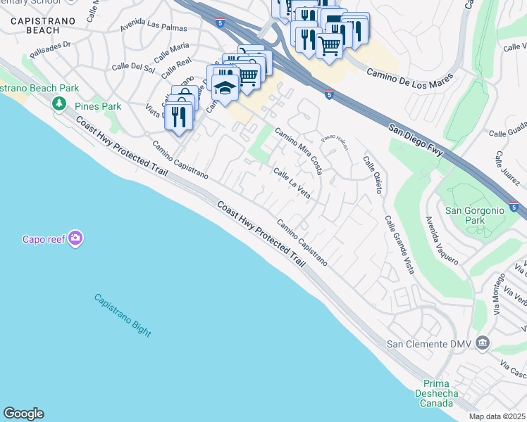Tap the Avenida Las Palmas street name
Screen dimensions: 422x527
[x=154, y=27]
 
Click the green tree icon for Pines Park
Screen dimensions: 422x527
[x=60, y=104]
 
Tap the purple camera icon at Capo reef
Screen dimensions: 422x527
[x=75, y=238]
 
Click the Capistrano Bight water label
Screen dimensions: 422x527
[x=123, y=314]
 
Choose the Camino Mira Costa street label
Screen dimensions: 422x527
[x=299, y=151]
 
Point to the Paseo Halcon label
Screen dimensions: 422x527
[x=336, y=142]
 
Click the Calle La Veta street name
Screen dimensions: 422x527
[x=292, y=183]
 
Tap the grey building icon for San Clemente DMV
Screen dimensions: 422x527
[x=483, y=343]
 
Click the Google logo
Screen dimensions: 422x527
[x=23, y=414]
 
